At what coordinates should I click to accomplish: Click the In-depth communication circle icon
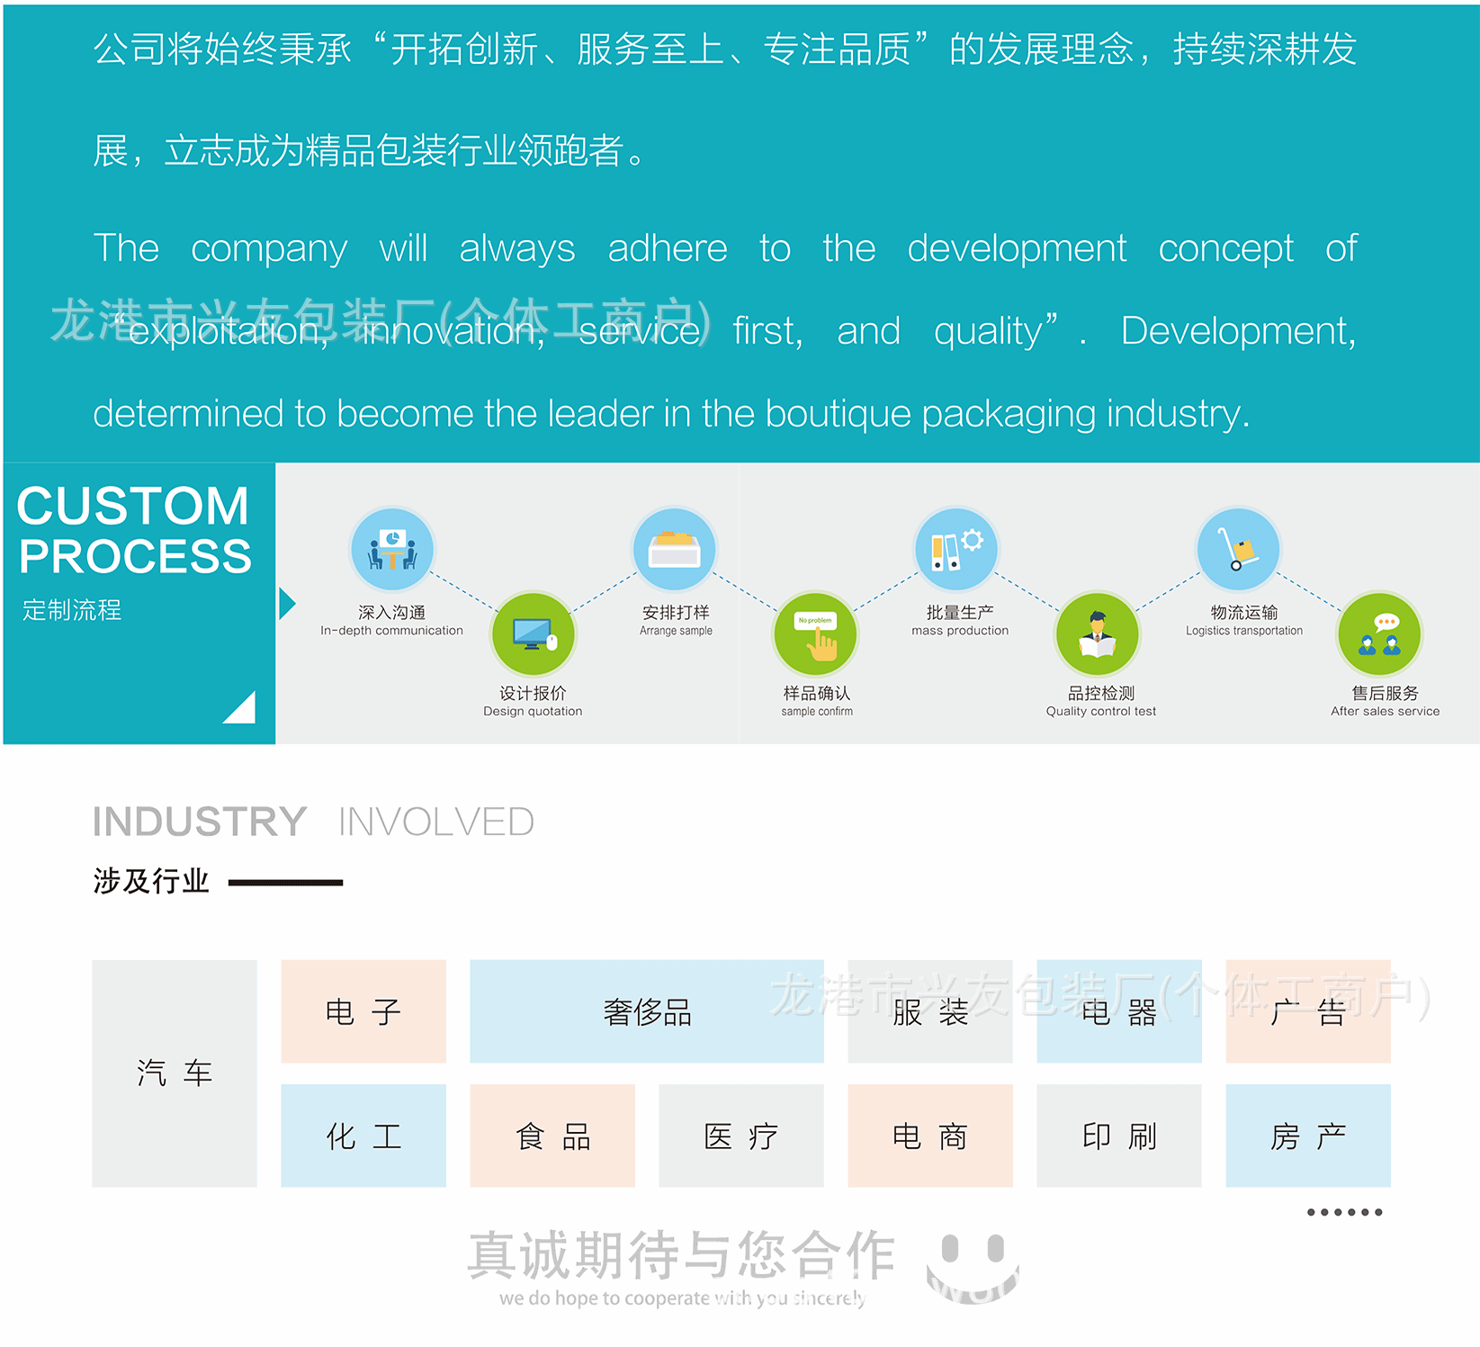391,550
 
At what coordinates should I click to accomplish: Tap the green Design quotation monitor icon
533,633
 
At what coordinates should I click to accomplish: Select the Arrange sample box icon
675,550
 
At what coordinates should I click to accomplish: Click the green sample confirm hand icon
816,633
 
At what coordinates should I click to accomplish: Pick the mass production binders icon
956,550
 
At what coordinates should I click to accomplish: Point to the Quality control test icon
1098,633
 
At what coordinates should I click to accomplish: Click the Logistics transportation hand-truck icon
1239,550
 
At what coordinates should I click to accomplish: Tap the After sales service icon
1380,633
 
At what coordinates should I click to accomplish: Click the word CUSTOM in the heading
132,506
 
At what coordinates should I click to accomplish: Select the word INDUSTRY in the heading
200,822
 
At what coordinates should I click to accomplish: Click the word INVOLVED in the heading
435,822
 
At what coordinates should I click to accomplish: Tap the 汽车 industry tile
175,1073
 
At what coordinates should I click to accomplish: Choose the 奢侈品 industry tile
647,1011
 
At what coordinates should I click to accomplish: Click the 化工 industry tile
363,1136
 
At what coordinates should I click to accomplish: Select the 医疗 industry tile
741,1136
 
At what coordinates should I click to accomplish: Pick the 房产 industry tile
1308,1136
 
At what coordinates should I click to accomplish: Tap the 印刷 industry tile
1119,1136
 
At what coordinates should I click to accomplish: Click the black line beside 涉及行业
285,883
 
